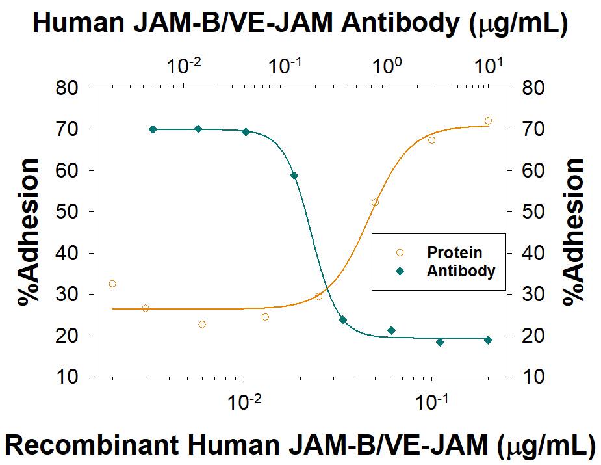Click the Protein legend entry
(454, 252)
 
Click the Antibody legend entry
(460, 271)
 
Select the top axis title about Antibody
(300, 23)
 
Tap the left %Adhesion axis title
(29, 233)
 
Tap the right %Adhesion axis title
(574, 233)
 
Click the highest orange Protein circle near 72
(488, 121)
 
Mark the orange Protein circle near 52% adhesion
(375, 202)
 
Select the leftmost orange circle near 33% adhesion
(112, 284)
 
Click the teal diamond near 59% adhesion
(294, 176)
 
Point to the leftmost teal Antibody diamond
(153, 129)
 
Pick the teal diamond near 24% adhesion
(342, 320)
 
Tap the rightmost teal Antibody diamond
(488, 340)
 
